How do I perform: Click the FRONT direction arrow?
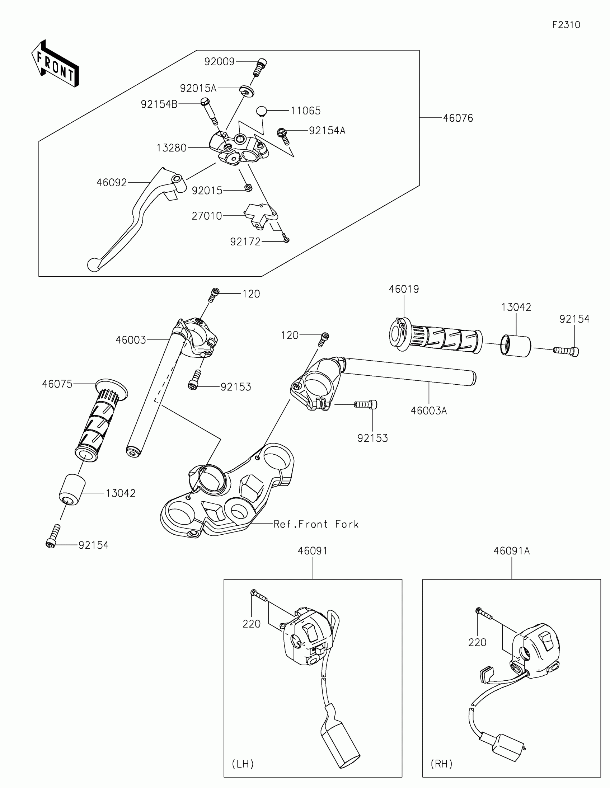[x=55, y=64]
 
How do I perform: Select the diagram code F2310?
[x=566, y=25]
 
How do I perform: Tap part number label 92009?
[x=219, y=62]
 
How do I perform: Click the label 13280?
[x=172, y=148]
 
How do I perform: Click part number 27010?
[x=207, y=216]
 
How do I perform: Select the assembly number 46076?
[x=458, y=118]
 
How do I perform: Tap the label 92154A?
[x=327, y=131]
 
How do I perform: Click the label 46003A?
[x=428, y=411]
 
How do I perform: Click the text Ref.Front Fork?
[x=316, y=524]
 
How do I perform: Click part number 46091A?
[x=512, y=551]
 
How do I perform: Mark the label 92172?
[x=245, y=242]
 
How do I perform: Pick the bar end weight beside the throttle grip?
[x=516, y=346]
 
